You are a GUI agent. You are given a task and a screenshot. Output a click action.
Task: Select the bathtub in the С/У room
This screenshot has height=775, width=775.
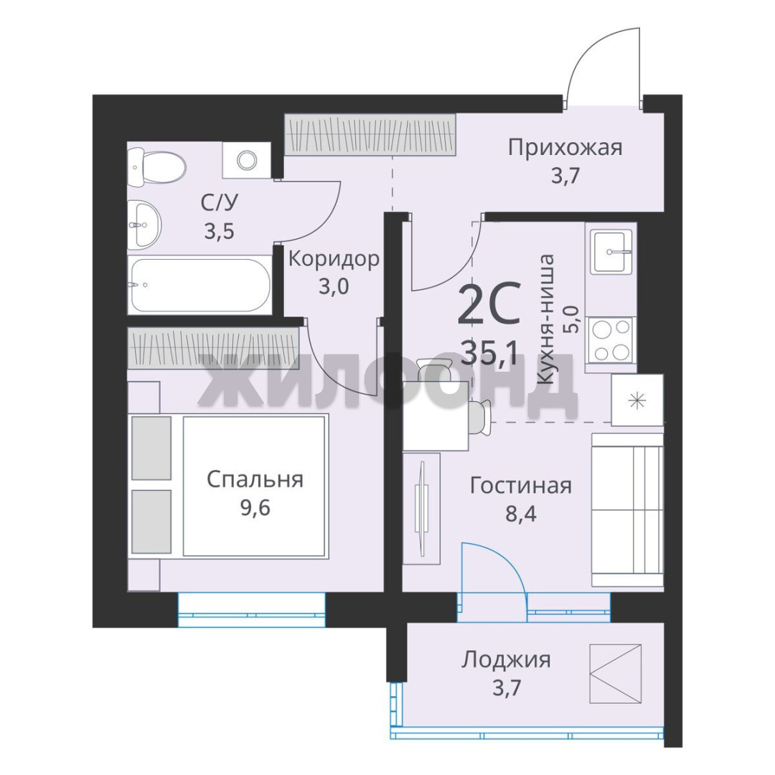pos(199,285)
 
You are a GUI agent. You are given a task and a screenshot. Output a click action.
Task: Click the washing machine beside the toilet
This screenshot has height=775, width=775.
pos(246,159)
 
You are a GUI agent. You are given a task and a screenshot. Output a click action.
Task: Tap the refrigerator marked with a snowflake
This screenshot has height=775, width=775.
pos(637,400)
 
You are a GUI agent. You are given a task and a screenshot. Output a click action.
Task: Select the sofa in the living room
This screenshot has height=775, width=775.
pos(627,510)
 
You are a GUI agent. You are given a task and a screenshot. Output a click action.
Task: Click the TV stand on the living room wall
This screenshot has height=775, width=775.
pos(421,509)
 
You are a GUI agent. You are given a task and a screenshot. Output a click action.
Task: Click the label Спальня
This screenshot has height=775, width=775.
pos(255,479)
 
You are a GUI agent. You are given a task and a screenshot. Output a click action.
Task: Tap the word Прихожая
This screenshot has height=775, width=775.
pos(565,148)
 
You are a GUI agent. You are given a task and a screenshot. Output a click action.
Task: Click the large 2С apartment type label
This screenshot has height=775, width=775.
pos(489,304)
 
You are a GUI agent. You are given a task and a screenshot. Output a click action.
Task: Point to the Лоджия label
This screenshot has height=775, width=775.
pos(506,660)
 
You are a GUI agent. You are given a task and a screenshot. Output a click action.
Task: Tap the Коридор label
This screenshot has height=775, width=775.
pos(334,258)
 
